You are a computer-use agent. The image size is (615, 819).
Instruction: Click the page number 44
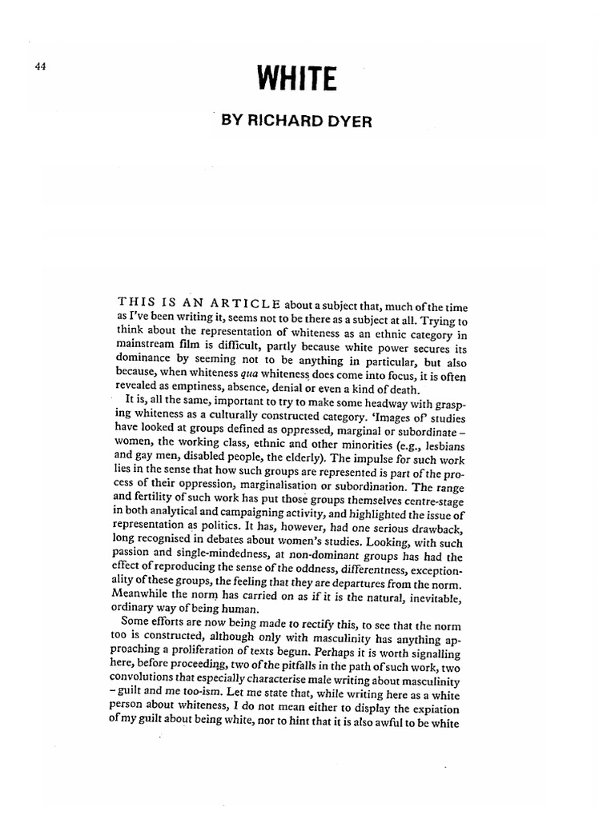(41, 67)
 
